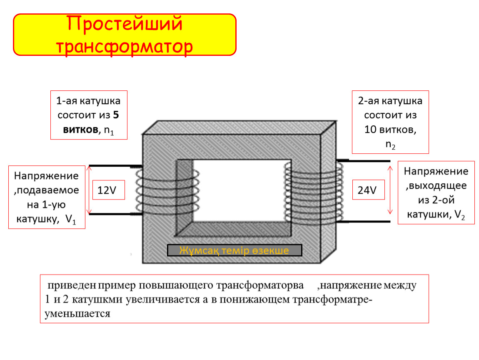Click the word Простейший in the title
click(x=125, y=24)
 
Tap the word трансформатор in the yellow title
click(x=125, y=46)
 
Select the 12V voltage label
click(x=107, y=190)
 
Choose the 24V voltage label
click(x=367, y=190)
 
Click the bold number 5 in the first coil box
click(x=116, y=115)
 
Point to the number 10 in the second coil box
click(x=370, y=130)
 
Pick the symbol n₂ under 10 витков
click(x=390, y=145)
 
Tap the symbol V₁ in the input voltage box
click(x=70, y=220)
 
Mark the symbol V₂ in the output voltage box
click(x=459, y=215)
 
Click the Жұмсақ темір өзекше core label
click(x=234, y=250)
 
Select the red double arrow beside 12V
click(x=89, y=190)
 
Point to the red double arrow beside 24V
click(x=390, y=190)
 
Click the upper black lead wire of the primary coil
click(x=115, y=166)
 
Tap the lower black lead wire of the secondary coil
click(x=364, y=221)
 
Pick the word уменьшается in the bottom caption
click(x=77, y=314)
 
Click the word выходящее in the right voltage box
click(x=436, y=186)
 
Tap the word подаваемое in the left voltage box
click(x=46, y=190)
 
